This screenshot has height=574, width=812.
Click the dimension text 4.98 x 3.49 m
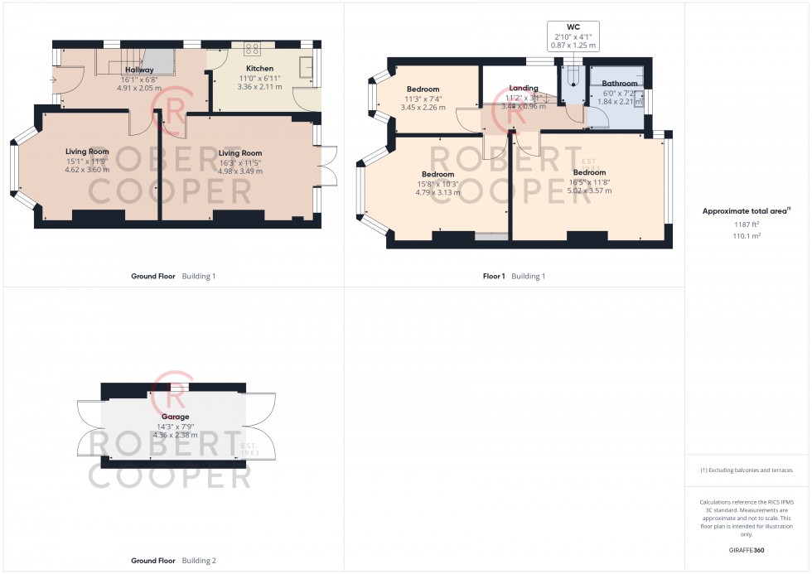tap(239, 171)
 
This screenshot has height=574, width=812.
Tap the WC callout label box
tap(573, 37)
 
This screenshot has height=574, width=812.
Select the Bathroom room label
tap(620, 84)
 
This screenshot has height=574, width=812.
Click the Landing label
tap(524, 88)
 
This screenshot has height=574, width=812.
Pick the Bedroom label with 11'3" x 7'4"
tap(423, 89)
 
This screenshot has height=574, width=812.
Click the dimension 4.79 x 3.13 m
tap(437, 192)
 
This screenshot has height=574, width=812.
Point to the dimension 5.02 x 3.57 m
tap(588, 191)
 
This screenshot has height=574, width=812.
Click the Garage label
tap(175, 417)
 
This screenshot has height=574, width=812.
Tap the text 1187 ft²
tap(747, 224)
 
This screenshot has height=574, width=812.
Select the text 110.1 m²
tap(747, 235)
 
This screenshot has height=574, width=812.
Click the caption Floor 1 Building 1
tap(515, 276)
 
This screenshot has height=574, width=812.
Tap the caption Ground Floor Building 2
tap(173, 561)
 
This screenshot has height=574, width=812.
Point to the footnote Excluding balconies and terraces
tap(747, 470)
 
